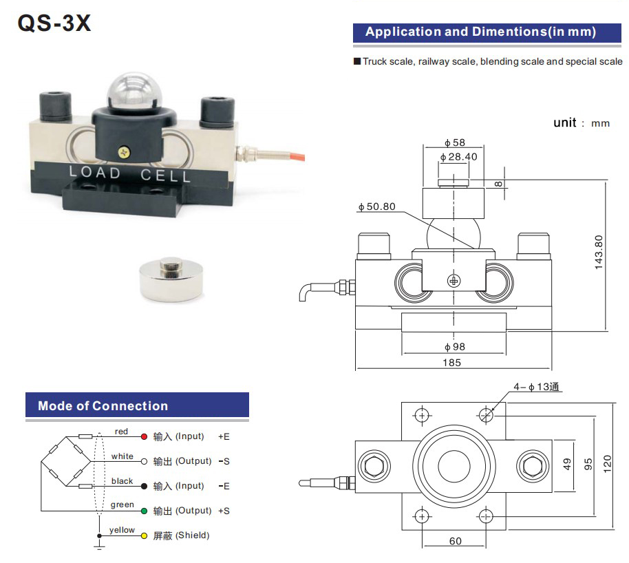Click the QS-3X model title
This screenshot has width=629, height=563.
coord(54,24)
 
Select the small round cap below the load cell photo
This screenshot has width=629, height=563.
coord(171,278)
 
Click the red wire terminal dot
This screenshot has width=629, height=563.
coord(144,436)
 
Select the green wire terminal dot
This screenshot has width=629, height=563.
coord(144,511)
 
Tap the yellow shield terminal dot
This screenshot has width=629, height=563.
coord(144,535)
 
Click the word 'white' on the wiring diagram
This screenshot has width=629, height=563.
coord(122,456)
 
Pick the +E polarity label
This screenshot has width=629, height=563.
coord(224,436)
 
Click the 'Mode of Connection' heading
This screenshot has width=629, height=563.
coord(103,406)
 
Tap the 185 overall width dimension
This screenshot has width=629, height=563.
coord(452,363)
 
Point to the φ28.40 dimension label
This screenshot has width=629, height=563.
coord(458,156)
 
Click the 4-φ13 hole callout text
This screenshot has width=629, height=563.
coord(537,387)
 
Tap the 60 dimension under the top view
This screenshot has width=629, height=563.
coord(455,541)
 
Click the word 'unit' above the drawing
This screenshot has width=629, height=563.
coord(564,123)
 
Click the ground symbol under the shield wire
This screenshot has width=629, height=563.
coord(99,546)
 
